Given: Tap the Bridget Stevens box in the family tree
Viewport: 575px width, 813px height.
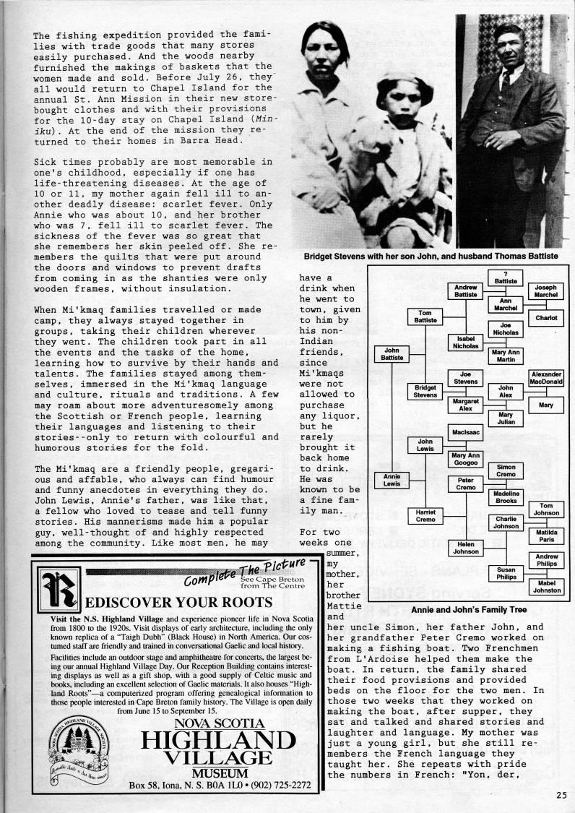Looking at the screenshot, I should click(425, 392).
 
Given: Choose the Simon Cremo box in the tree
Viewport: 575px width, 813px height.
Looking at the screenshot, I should click(506, 470).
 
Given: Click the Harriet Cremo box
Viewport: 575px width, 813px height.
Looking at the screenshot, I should click(425, 517).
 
